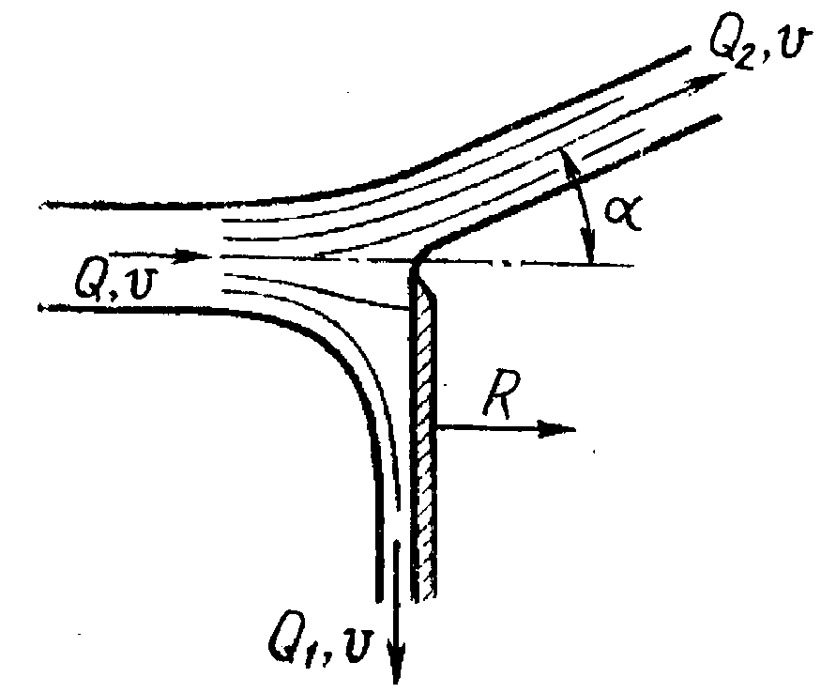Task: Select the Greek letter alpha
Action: click(x=623, y=214)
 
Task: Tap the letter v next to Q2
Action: click(x=795, y=41)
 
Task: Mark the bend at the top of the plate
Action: click(x=418, y=259)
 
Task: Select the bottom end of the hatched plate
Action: click(x=424, y=597)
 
